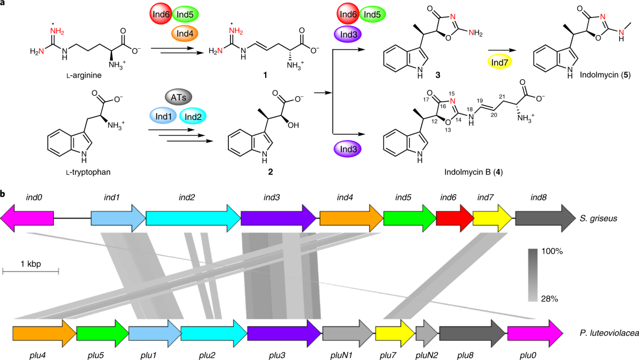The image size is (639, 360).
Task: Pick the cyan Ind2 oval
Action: (193, 116)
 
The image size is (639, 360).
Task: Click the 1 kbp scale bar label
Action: (31, 264)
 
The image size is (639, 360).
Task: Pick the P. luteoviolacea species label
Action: (603, 333)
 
